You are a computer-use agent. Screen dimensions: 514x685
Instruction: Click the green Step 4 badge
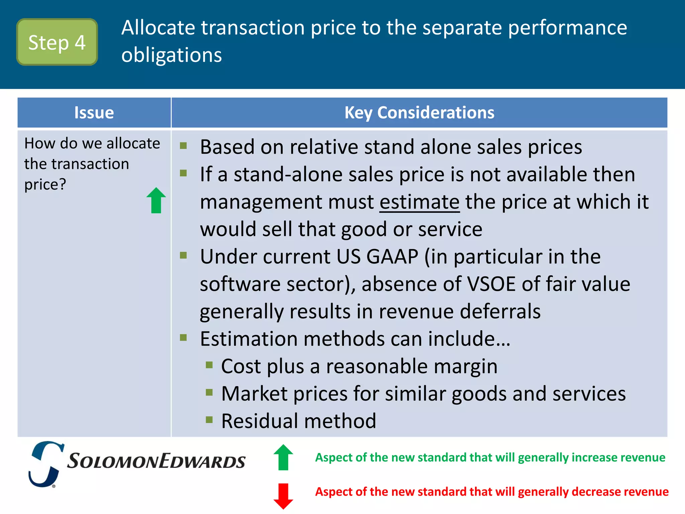57,42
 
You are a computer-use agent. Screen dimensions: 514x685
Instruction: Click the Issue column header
94,113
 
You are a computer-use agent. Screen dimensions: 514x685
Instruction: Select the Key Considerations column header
419,113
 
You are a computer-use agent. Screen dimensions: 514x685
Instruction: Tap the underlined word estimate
419,202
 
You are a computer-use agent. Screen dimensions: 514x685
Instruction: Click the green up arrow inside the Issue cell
156,200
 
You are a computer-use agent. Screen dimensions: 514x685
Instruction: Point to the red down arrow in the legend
283,496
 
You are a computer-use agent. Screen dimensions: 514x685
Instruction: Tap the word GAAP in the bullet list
392,257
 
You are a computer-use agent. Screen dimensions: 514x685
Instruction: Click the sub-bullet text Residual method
298,421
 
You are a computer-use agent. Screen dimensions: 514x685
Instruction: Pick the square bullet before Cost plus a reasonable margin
209,365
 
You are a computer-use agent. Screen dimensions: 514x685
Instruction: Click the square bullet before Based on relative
183,146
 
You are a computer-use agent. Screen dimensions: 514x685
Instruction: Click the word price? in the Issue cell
45,184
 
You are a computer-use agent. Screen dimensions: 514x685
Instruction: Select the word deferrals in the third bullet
500,312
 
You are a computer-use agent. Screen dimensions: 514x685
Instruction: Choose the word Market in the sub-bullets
254,394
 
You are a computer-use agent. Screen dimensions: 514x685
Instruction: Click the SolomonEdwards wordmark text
156,461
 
